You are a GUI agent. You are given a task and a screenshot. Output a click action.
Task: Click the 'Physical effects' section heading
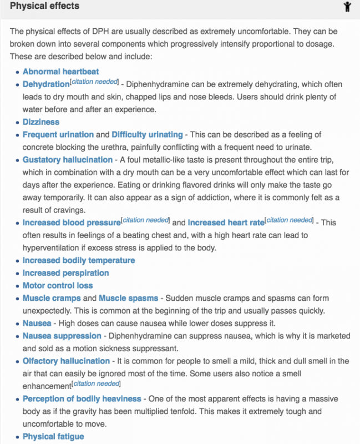pyautogui.click(x=44, y=7)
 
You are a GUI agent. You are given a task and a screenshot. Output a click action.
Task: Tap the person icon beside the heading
pyautogui.click(x=347, y=7)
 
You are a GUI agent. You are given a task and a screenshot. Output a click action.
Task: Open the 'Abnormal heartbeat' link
pyautogui.click(x=60, y=72)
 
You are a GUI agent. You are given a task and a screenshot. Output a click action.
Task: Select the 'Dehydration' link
pyautogui.click(x=45, y=84)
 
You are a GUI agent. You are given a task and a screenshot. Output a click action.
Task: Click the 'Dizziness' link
pyautogui.click(x=40, y=122)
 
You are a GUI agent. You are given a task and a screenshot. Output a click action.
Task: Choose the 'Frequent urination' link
pyautogui.click(x=58, y=134)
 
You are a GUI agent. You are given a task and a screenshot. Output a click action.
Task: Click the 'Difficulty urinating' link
pyautogui.click(x=147, y=134)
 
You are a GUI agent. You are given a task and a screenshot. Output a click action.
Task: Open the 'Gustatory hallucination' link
pyautogui.click(x=67, y=160)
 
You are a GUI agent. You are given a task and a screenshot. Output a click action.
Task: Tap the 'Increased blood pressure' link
pyautogui.click(x=71, y=223)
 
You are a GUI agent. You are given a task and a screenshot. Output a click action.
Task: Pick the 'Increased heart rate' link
pyautogui.click(x=226, y=223)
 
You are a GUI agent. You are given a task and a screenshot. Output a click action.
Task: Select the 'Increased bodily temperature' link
pyautogui.click(x=78, y=260)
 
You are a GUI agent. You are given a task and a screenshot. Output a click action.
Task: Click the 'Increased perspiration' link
pyautogui.click(x=65, y=273)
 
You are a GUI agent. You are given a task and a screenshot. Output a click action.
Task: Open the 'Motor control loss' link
pyautogui.click(x=58, y=286)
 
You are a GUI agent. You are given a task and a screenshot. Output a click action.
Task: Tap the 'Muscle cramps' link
pyautogui.click(x=52, y=298)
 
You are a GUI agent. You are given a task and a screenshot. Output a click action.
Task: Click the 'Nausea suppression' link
pyautogui.click(x=62, y=336)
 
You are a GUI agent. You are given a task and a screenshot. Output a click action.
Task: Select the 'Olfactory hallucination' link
pyautogui.click(x=66, y=361)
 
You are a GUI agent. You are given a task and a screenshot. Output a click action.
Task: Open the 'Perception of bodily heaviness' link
pyautogui.click(x=82, y=399)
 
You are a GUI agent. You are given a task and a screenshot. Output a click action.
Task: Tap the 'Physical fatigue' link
pyautogui.click(x=53, y=437)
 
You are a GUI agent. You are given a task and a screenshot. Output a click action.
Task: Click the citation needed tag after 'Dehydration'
pyautogui.click(x=94, y=82)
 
